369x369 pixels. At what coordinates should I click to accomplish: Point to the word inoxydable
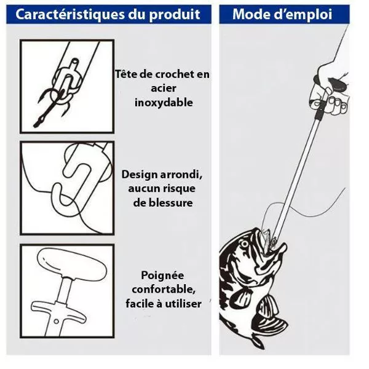pyautogui.click(x=164, y=103)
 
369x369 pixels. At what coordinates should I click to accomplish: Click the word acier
pyautogui.click(x=164, y=89)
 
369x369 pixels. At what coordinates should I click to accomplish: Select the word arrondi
pyautogui.click(x=181, y=175)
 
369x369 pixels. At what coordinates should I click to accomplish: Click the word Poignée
pyautogui.click(x=162, y=276)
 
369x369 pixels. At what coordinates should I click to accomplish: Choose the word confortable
pyautogui.click(x=164, y=290)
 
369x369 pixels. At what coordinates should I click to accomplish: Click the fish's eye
pyautogui.click(x=245, y=244)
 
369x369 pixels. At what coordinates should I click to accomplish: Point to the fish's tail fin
pyautogui.click(x=258, y=341)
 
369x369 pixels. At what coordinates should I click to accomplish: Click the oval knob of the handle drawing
pyautogui.click(x=72, y=263)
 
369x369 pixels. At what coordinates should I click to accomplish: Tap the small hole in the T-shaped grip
pyautogui.click(x=56, y=321)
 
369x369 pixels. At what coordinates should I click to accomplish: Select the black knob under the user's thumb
pyautogui.click(x=338, y=85)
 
